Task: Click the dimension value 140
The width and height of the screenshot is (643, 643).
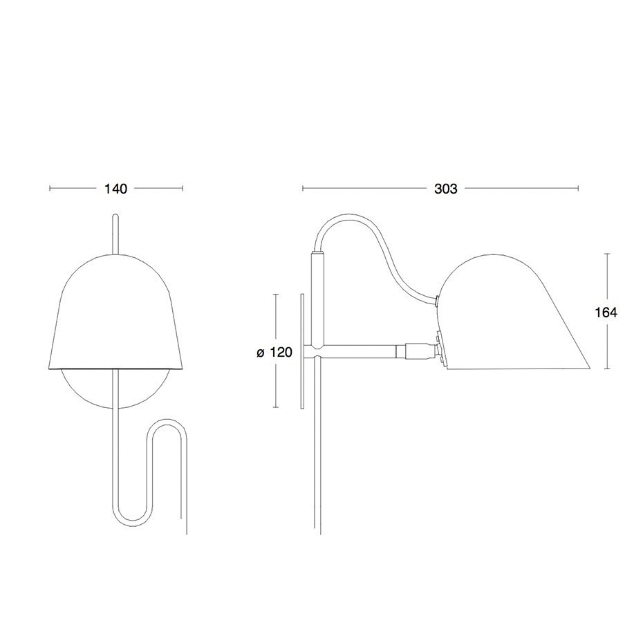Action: click(x=115, y=189)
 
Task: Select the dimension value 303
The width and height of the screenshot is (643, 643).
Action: click(x=446, y=189)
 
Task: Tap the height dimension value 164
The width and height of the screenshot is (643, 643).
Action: click(x=606, y=312)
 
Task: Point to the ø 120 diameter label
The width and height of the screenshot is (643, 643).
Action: click(x=274, y=352)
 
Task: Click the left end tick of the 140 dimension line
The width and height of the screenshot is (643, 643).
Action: click(x=50, y=188)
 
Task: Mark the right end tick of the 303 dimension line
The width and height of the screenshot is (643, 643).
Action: click(x=578, y=188)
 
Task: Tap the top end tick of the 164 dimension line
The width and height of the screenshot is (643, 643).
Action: click(x=606, y=254)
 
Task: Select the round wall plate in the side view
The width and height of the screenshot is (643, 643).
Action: click(x=303, y=352)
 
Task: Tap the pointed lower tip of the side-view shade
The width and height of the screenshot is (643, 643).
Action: click(x=588, y=367)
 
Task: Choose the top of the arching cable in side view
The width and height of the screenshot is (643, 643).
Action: click(x=346, y=218)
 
